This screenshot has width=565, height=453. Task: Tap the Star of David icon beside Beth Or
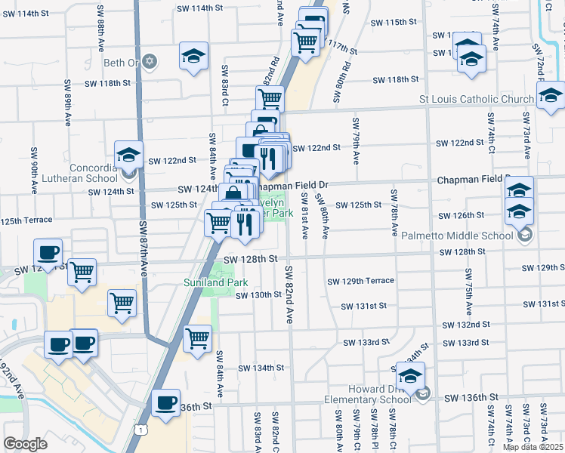click(150, 61)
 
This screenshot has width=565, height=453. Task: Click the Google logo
click(25, 444)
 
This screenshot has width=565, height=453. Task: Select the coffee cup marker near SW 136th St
click(165, 404)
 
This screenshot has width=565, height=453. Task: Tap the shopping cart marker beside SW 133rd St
click(197, 338)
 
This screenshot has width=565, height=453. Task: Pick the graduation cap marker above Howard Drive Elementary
click(410, 376)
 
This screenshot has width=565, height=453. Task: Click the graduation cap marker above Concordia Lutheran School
click(128, 155)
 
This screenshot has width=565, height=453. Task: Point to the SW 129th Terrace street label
click(360, 281)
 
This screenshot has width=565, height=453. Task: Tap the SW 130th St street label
click(258, 295)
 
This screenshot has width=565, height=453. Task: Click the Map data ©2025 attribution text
click(533, 447)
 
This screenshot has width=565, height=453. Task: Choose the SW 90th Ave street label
click(33, 171)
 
